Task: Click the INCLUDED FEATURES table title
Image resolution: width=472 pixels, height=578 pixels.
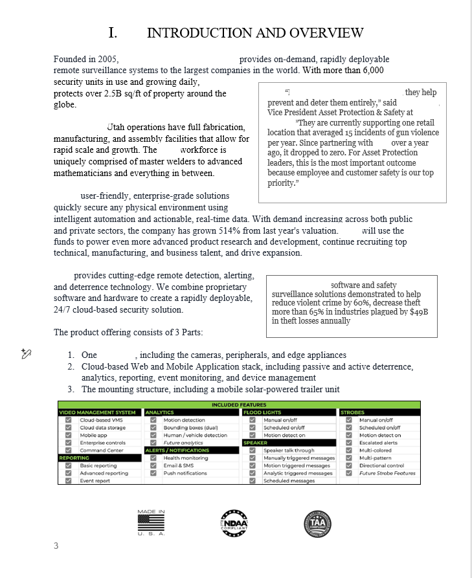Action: point(239,405)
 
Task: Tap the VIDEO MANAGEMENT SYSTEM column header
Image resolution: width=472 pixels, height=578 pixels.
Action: point(98,412)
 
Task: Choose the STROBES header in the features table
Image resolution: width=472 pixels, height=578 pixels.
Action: point(353,412)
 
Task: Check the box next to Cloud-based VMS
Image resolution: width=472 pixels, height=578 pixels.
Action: point(68,420)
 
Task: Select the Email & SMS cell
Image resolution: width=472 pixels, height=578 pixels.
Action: point(179,465)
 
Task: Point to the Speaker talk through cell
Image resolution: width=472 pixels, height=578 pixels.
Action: point(289,450)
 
